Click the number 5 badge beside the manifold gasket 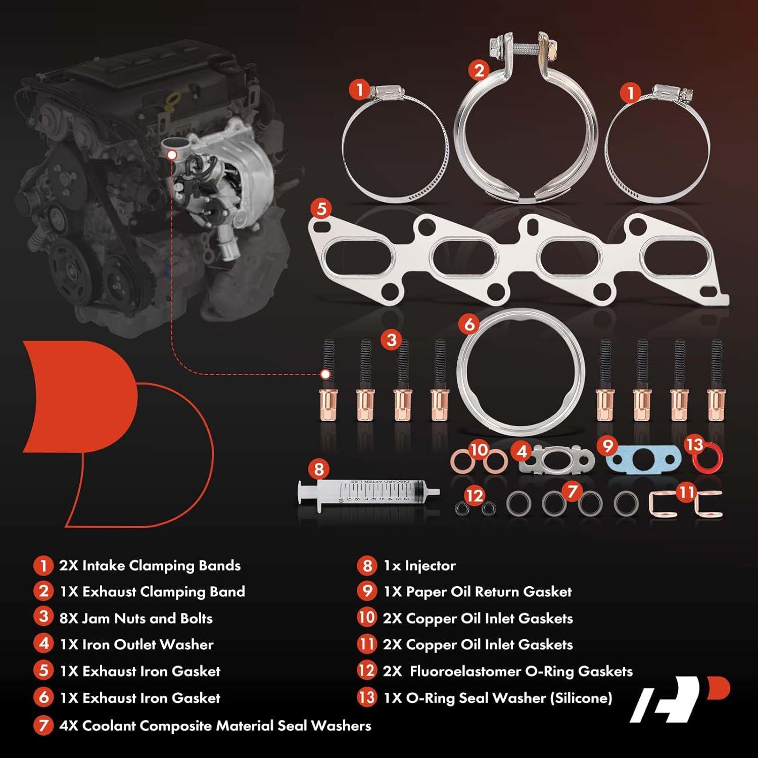322,209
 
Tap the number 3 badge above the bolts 392,340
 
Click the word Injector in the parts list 430,565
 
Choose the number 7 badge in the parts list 43,726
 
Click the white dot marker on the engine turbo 172,155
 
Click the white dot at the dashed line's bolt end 326,374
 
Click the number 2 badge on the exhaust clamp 479,70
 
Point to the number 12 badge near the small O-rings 474,496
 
